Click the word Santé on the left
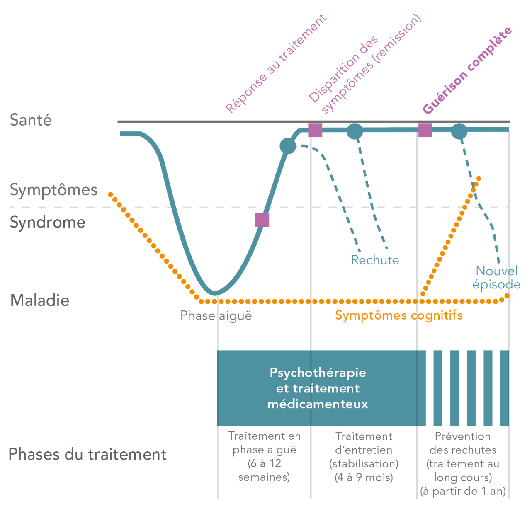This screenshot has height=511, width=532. pyautogui.click(x=31, y=120)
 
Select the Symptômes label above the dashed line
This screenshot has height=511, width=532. pyautogui.click(x=53, y=190)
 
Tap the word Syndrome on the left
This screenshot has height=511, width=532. pyautogui.click(x=47, y=223)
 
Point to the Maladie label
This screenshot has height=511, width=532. pyautogui.click(x=40, y=300)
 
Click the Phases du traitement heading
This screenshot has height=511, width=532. pyautogui.click(x=87, y=454)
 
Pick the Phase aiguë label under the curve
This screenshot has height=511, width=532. pyautogui.click(x=216, y=316)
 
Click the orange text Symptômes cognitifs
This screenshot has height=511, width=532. pyautogui.click(x=398, y=316)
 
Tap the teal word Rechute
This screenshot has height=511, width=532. pyautogui.click(x=375, y=260)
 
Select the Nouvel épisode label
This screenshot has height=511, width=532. pyautogui.click(x=496, y=278)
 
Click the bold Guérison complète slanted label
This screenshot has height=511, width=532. pyautogui.click(x=467, y=70)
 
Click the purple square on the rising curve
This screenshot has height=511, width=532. pyautogui.click(x=262, y=220)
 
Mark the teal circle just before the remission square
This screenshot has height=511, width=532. pyautogui.click(x=288, y=145)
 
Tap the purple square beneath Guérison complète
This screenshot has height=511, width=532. pyautogui.click(x=425, y=130)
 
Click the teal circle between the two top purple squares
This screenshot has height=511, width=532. pyautogui.click(x=355, y=131)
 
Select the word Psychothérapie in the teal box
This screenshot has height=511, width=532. pyautogui.click(x=318, y=373)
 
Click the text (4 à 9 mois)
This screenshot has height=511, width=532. pyautogui.click(x=364, y=477)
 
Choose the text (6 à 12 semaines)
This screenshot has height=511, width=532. pyautogui.click(x=264, y=470)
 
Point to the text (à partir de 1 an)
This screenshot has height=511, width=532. pyautogui.click(x=463, y=492)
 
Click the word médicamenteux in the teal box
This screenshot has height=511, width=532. pyautogui.click(x=318, y=404)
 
